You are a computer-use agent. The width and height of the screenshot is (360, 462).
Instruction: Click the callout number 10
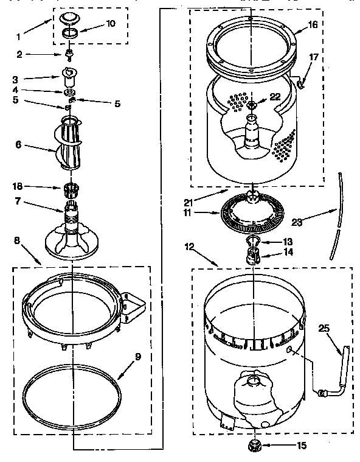(x=110, y=24)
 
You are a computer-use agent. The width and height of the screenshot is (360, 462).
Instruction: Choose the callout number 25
(x=324, y=328)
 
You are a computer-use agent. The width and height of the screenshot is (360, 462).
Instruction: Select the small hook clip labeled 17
(x=299, y=78)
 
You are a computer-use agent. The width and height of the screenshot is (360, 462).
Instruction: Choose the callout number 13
(x=288, y=241)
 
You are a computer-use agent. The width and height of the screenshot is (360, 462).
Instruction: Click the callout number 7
(x=19, y=201)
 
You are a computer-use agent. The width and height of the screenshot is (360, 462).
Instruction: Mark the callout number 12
(x=190, y=246)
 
